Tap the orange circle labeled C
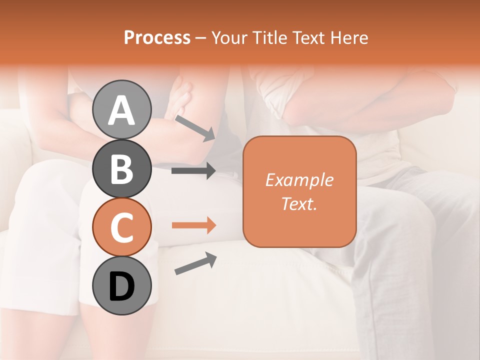[122, 227]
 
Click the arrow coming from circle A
[194, 128]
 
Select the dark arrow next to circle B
[193, 171]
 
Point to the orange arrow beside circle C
[193, 225]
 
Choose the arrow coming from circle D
[195, 263]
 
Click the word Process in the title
[157, 38]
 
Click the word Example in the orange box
[299, 180]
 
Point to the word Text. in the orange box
[299, 203]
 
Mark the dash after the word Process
[200, 38]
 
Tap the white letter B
[121, 169]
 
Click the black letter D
[122, 286]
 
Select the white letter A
[122, 110]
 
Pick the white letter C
[122, 227]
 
